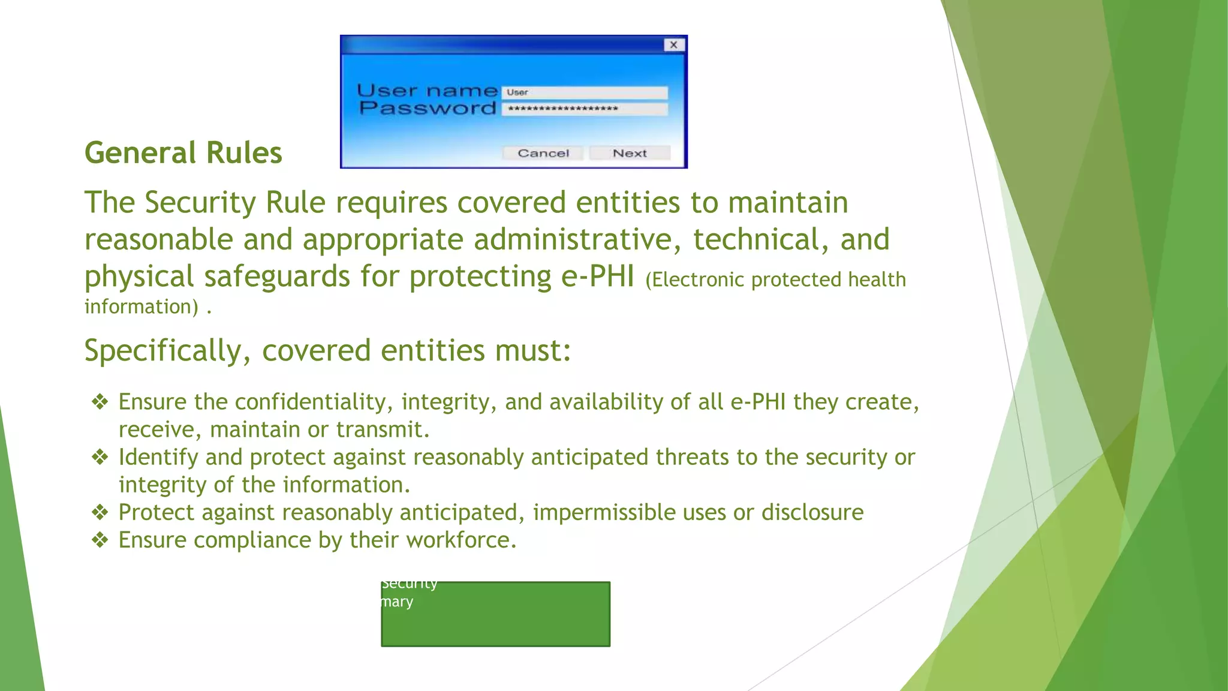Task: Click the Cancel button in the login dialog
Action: [x=543, y=153]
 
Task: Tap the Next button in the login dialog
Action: [x=630, y=153]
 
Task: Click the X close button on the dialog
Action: [x=674, y=45]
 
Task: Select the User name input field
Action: [x=585, y=92]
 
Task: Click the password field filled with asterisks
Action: [x=585, y=109]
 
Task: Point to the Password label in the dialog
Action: [x=428, y=109]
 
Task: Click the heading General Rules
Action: [x=183, y=153]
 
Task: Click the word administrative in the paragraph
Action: [x=577, y=239]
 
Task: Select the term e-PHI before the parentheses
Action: [x=597, y=277]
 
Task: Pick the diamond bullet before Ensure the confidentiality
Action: [x=100, y=402]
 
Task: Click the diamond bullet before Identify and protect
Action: [x=100, y=457]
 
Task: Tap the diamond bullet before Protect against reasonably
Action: [x=100, y=512]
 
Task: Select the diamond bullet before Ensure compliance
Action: [x=100, y=540]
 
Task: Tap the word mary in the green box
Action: [x=398, y=602]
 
